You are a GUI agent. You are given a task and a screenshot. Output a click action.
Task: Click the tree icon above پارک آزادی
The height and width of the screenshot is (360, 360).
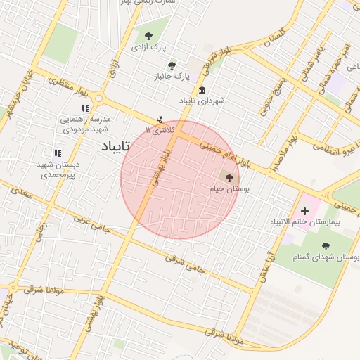[148, 36]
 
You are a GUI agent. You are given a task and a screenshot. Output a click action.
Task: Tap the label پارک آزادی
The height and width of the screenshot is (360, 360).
[148, 46]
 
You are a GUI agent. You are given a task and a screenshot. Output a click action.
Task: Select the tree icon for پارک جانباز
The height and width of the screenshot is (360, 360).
[172, 65]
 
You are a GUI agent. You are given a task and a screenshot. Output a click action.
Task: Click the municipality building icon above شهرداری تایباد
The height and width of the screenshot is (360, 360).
[202, 91]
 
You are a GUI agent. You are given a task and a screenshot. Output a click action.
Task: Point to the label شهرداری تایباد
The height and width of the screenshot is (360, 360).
[202, 101]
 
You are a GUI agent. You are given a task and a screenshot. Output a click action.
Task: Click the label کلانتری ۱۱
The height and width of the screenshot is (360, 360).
[158, 130]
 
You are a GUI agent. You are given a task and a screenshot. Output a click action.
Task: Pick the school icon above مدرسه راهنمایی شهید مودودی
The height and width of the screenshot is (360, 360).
[85, 108]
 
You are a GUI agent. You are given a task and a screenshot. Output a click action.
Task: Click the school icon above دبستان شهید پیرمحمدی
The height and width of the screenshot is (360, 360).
[58, 153]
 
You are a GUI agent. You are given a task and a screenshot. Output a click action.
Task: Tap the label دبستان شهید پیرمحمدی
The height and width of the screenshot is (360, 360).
[59, 169]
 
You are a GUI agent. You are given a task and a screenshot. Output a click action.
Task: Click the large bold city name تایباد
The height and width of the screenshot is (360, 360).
[112, 147]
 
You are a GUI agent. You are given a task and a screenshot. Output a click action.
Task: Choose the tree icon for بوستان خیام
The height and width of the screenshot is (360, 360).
[229, 178]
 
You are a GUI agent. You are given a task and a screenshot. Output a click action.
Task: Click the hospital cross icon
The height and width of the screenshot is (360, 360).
[304, 211]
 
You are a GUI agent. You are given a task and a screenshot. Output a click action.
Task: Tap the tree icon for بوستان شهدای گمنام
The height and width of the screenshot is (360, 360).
[327, 246]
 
